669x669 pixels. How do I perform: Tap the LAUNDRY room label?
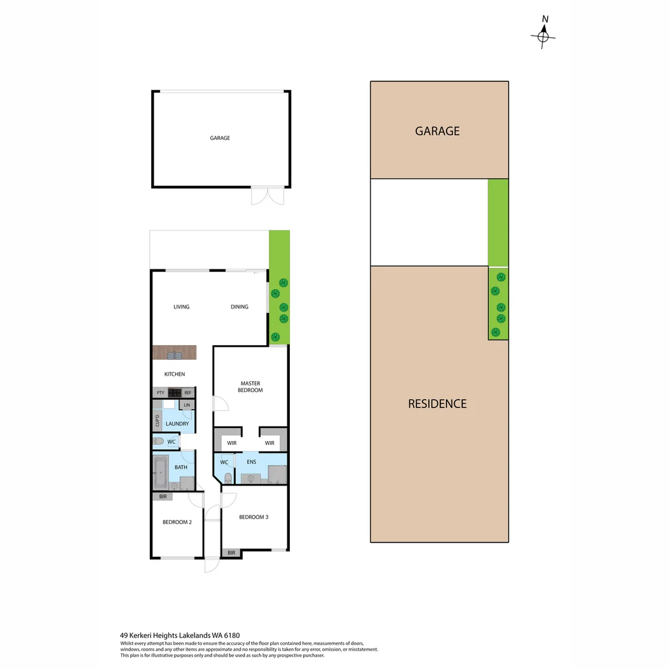[177, 424]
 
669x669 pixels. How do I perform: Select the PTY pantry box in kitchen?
[160, 393]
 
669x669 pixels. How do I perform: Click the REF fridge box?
[188, 393]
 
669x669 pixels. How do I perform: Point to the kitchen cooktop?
[174, 393]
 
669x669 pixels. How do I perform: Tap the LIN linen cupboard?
[186, 405]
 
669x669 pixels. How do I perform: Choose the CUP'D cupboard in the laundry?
[157, 421]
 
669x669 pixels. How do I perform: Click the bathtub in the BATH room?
[160, 473]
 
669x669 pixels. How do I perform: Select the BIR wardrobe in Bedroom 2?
[163, 497]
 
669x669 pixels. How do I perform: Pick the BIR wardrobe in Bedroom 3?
[232, 553]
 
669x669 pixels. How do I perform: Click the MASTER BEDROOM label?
[250, 387]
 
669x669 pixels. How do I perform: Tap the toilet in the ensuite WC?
[229, 477]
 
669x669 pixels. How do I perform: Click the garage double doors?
[267, 196]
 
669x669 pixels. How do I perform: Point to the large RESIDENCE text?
[437, 404]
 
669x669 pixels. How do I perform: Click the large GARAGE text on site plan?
[437, 131]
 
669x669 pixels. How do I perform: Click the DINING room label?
[239, 307]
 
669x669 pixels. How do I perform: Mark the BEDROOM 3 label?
[253, 517]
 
